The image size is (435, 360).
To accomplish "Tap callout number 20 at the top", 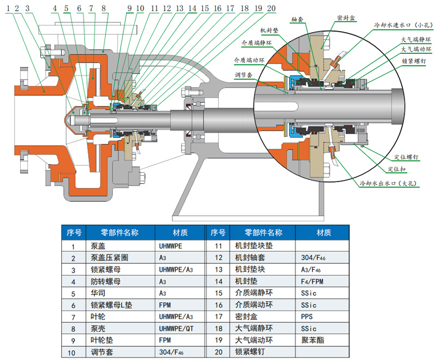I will [x=271, y=9].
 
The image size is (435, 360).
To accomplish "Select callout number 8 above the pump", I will [x=103, y=9].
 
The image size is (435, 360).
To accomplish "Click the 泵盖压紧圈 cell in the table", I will [x=111, y=258].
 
